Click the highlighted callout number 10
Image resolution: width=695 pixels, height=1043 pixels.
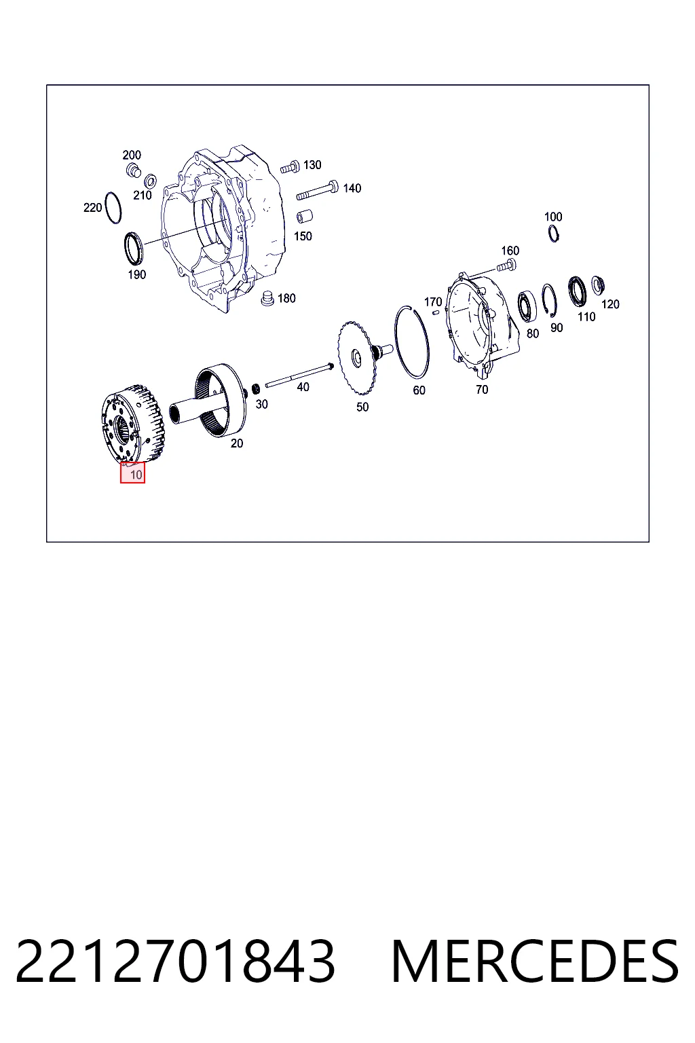point(132,473)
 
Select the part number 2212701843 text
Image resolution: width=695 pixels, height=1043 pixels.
point(175,962)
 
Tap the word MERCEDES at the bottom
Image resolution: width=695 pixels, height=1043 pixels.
point(535,962)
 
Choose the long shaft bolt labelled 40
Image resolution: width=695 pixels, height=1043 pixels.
point(299,376)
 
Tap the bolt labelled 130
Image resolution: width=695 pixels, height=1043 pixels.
point(290,167)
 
